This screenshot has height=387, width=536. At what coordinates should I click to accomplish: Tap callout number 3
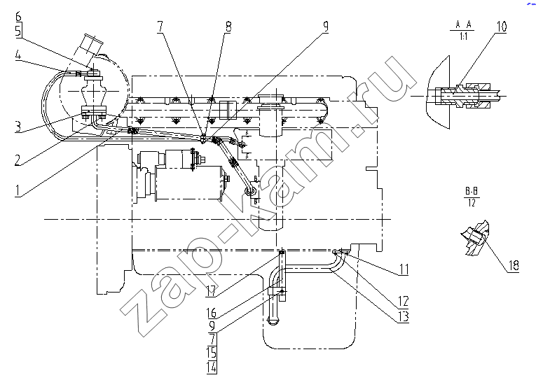point(18,127)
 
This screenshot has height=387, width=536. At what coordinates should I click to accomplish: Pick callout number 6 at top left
point(18,16)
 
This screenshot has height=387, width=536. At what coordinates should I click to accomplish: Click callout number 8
point(228,27)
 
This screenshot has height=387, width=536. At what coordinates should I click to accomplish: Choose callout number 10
point(502,27)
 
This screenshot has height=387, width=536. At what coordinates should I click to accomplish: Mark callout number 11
point(404,269)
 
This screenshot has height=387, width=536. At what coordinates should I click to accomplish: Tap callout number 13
point(404,316)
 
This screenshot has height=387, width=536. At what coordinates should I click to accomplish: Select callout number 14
point(212,367)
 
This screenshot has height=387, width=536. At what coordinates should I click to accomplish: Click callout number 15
point(212,352)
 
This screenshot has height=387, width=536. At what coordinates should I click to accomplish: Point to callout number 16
point(212,312)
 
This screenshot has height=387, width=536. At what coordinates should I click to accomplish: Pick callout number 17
point(211,290)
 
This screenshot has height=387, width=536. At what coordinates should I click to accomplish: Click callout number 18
point(514,265)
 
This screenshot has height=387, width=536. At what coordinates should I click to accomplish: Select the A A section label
point(463,24)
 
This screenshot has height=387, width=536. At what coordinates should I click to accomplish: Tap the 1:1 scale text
point(463,36)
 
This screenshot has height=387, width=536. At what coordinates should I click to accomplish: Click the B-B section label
point(472,191)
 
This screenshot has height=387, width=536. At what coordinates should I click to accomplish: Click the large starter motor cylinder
point(188,183)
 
